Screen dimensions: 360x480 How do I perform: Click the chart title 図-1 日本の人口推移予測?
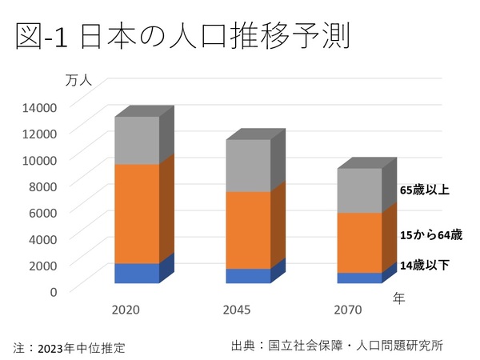click(183, 38)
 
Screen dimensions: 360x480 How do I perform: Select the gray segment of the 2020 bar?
click(137, 140)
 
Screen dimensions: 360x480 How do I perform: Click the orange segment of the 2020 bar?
click(137, 214)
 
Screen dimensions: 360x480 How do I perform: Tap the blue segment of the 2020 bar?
click(137, 273)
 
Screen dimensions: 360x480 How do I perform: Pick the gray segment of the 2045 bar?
click(248, 166)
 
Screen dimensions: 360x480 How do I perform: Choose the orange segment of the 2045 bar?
click(248, 230)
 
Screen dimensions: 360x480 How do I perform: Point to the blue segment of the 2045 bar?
click(248, 276)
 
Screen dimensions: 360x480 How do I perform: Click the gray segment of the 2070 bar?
click(359, 190)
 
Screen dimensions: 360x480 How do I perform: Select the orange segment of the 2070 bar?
click(359, 242)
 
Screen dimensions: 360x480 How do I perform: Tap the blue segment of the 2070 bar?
click(359, 278)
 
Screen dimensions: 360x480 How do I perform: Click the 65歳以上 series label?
click(425, 190)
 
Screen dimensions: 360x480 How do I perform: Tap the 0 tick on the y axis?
click(53, 291)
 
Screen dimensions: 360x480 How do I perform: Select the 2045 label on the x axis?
click(238, 309)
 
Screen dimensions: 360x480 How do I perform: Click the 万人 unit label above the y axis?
click(80, 80)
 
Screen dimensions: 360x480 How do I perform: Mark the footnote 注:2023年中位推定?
click(70, 347)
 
